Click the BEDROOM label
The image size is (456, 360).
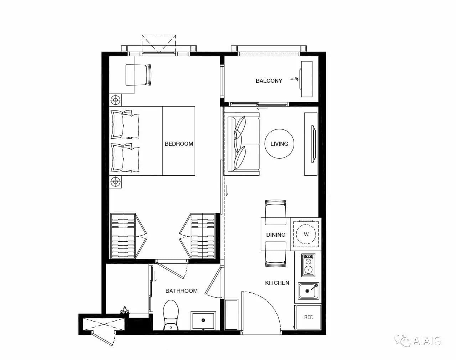point(179,144)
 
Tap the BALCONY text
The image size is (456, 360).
point(269,81)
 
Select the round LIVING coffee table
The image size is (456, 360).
point(279,144)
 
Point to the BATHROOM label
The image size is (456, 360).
point(181,290)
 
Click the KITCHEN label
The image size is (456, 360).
point(277,283)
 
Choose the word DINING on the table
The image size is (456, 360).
point(276,235)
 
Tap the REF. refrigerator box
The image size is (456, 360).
point(309,317)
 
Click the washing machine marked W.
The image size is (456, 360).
point(306,234)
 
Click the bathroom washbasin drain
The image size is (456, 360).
point(203,320)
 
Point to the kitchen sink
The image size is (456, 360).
point(308,291)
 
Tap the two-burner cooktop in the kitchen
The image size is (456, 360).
point(308,265)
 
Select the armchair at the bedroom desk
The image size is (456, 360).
point(138,75)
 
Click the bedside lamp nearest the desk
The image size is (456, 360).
point(115,100)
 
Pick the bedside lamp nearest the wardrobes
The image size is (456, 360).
point(115,182)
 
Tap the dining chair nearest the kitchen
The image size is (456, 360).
point(275,254)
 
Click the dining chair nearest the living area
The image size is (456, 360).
point(275,212)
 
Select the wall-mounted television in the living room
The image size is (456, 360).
point(313,144)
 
